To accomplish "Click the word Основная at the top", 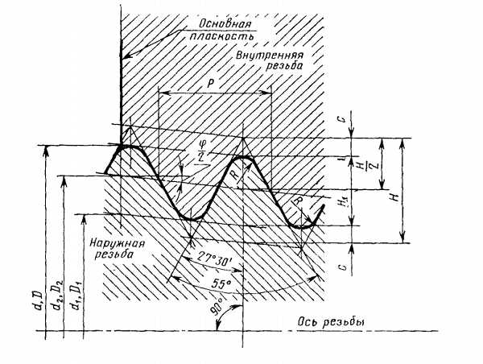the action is pos(225,24).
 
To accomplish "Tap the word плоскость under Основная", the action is pos(221,36).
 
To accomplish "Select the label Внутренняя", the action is pos(270,56).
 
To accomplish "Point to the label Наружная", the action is pos(117,243).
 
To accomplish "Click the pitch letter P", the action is pos(211,84).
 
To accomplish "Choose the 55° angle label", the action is pos(221,283).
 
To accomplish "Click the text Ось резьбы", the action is pos(331,322).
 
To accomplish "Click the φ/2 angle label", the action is pos(202,151).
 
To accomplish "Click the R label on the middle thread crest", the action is pos(236,175).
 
